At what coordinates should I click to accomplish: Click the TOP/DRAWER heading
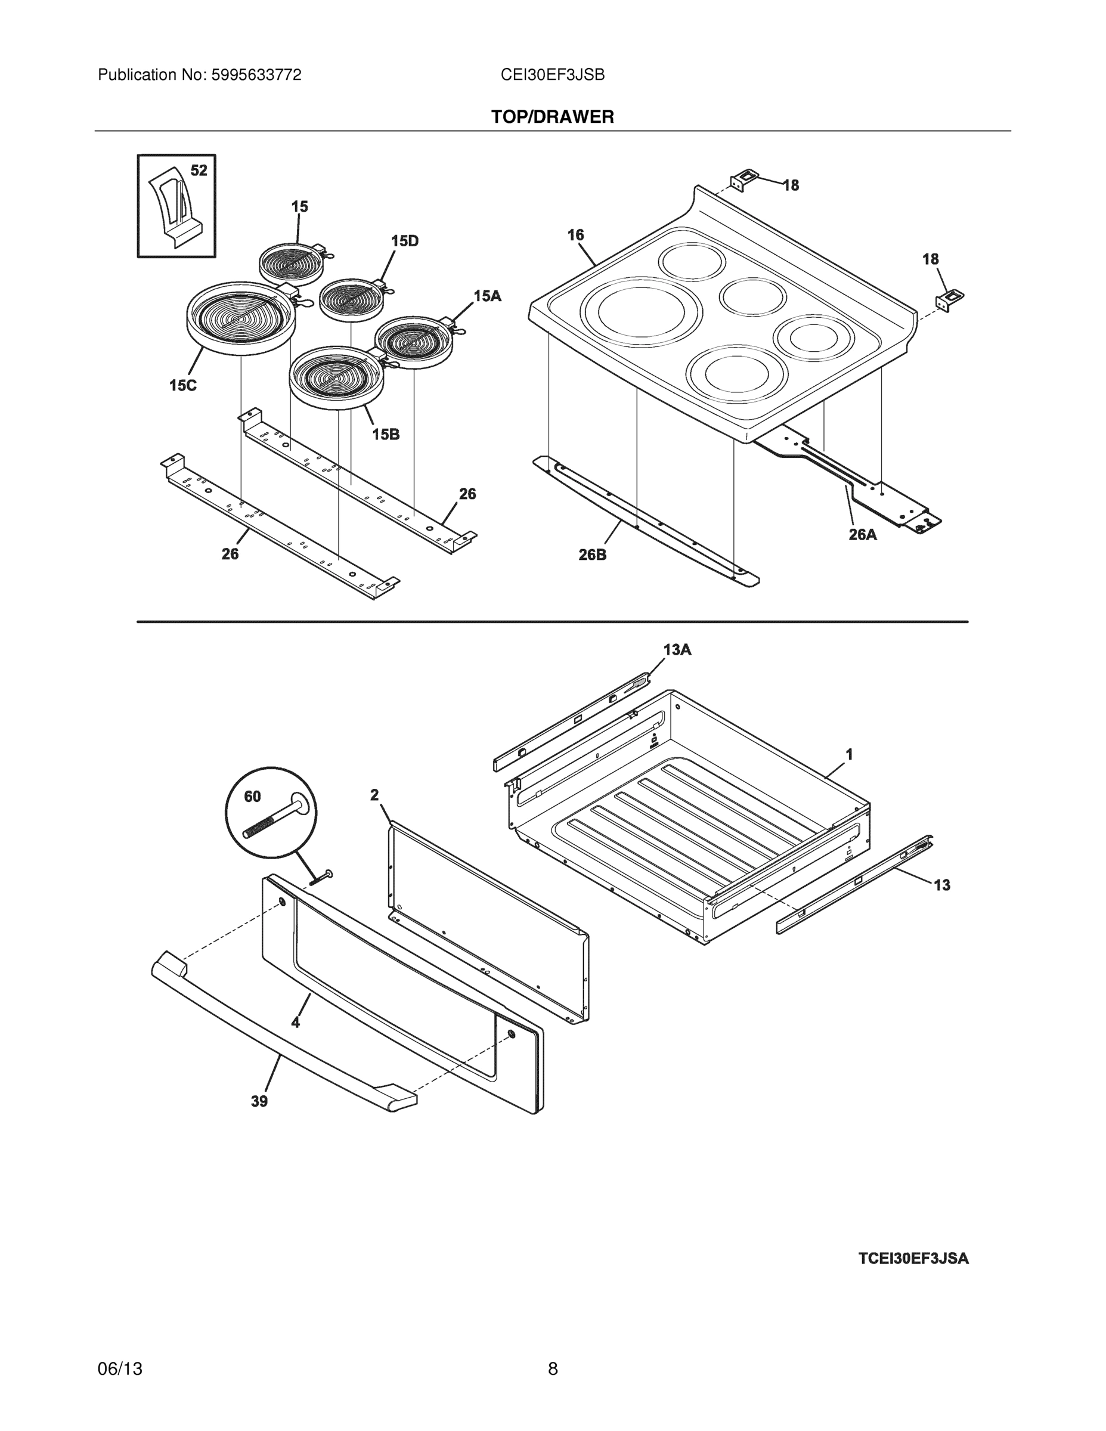pos(552,117)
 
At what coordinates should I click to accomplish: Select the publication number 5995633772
pos(256,75)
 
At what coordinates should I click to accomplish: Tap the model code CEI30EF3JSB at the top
pos(552,75)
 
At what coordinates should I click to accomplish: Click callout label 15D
pos(404,241)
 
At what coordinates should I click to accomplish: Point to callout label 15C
pos(183,385)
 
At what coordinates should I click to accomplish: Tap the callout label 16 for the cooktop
pos(575,234)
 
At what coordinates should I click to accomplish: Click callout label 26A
pos(862,534)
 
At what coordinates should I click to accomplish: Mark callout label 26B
pos(592,555)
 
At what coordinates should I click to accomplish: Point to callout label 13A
pos(677,649)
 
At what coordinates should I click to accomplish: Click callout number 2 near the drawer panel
pos(374,795)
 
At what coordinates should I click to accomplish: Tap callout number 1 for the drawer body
pos(849,754)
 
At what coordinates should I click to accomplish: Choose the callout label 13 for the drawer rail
pos(941,885)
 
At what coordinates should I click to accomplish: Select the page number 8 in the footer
pos(552,1368)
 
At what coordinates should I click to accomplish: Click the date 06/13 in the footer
pos(120,1368)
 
